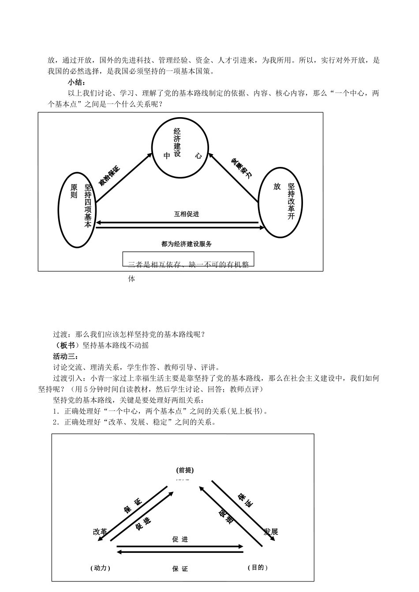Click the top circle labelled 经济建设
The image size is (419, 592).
[x=180, y=148]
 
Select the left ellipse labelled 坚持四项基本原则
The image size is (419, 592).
[x=77, y=209]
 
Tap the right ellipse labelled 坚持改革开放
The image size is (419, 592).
[x=280, y=202]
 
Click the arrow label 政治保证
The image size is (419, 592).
[x=109, y=175]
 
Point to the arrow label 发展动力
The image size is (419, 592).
[x=242, y=168]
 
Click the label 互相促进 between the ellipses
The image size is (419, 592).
[x=186, y=214]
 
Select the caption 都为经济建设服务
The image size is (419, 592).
[x=187, y=244]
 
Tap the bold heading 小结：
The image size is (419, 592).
[x=77, y=82]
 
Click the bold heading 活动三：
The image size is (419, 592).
[x=65, y=356]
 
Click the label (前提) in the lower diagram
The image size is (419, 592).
[x=185, y=470]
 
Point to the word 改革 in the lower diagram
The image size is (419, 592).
[x=100, y=532]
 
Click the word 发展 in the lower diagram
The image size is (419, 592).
[x=271, y=531]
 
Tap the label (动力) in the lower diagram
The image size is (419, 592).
[x=100, y=568]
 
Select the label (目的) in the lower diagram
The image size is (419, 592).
[x=258, y=567]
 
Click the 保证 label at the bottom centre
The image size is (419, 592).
[x=180, y=569]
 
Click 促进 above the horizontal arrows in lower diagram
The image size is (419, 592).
[x=180, y=539]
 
